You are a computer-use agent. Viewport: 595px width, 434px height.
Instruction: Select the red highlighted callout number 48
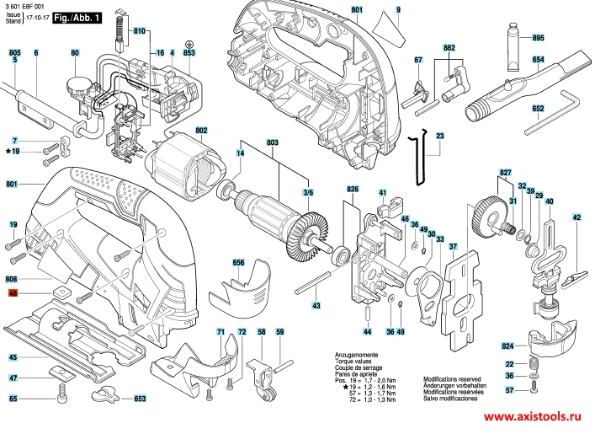click(13, 294)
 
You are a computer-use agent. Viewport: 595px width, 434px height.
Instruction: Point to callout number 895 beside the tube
click(539, 39)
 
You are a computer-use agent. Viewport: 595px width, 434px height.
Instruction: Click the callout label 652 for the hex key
click(538, 109)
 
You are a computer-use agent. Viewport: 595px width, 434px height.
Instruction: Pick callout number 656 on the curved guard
click(239, 263)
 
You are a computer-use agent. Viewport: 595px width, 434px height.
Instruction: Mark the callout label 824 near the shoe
click(507, 346)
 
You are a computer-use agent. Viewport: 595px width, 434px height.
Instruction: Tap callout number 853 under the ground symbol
click(189, 53)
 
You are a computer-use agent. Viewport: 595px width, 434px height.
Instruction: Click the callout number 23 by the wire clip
click(440, 136)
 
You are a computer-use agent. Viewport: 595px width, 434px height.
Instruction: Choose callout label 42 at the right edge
click(576, 218)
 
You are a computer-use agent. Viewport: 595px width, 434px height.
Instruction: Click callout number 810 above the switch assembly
click(139, 30)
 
